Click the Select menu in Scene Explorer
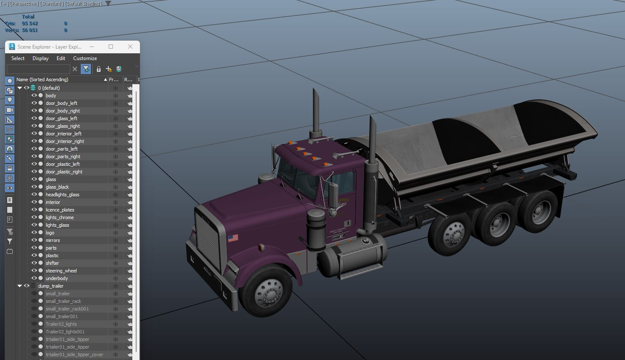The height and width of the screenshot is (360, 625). click(x=18, y=58)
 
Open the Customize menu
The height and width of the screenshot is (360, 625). click(x=85, y=58)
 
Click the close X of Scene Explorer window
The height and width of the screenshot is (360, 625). click(x=130, y=47)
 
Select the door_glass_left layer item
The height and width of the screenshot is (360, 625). click(x=61, y=118)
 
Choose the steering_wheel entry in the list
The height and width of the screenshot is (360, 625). click(x=61, y=271)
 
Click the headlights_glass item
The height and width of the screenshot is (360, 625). click(x=62, y=195)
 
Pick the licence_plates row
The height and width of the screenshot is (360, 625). click(x=60, y=210)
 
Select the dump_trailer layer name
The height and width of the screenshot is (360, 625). click(x=51, y=286)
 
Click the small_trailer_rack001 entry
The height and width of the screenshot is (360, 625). click(x=67, y=309)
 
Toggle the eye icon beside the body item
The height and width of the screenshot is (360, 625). click(x=34, y=96)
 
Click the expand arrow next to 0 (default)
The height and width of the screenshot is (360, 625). click(x=19, y=88)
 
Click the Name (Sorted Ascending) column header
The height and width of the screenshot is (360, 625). click(x=42, y=80)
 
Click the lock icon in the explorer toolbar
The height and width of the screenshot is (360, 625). click(x=99, y=69)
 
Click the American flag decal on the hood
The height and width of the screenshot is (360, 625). click(x=233, y=238)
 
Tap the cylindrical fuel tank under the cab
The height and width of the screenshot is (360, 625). click(x=351, y=258)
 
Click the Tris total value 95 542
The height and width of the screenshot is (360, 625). click(x=30, y=24)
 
